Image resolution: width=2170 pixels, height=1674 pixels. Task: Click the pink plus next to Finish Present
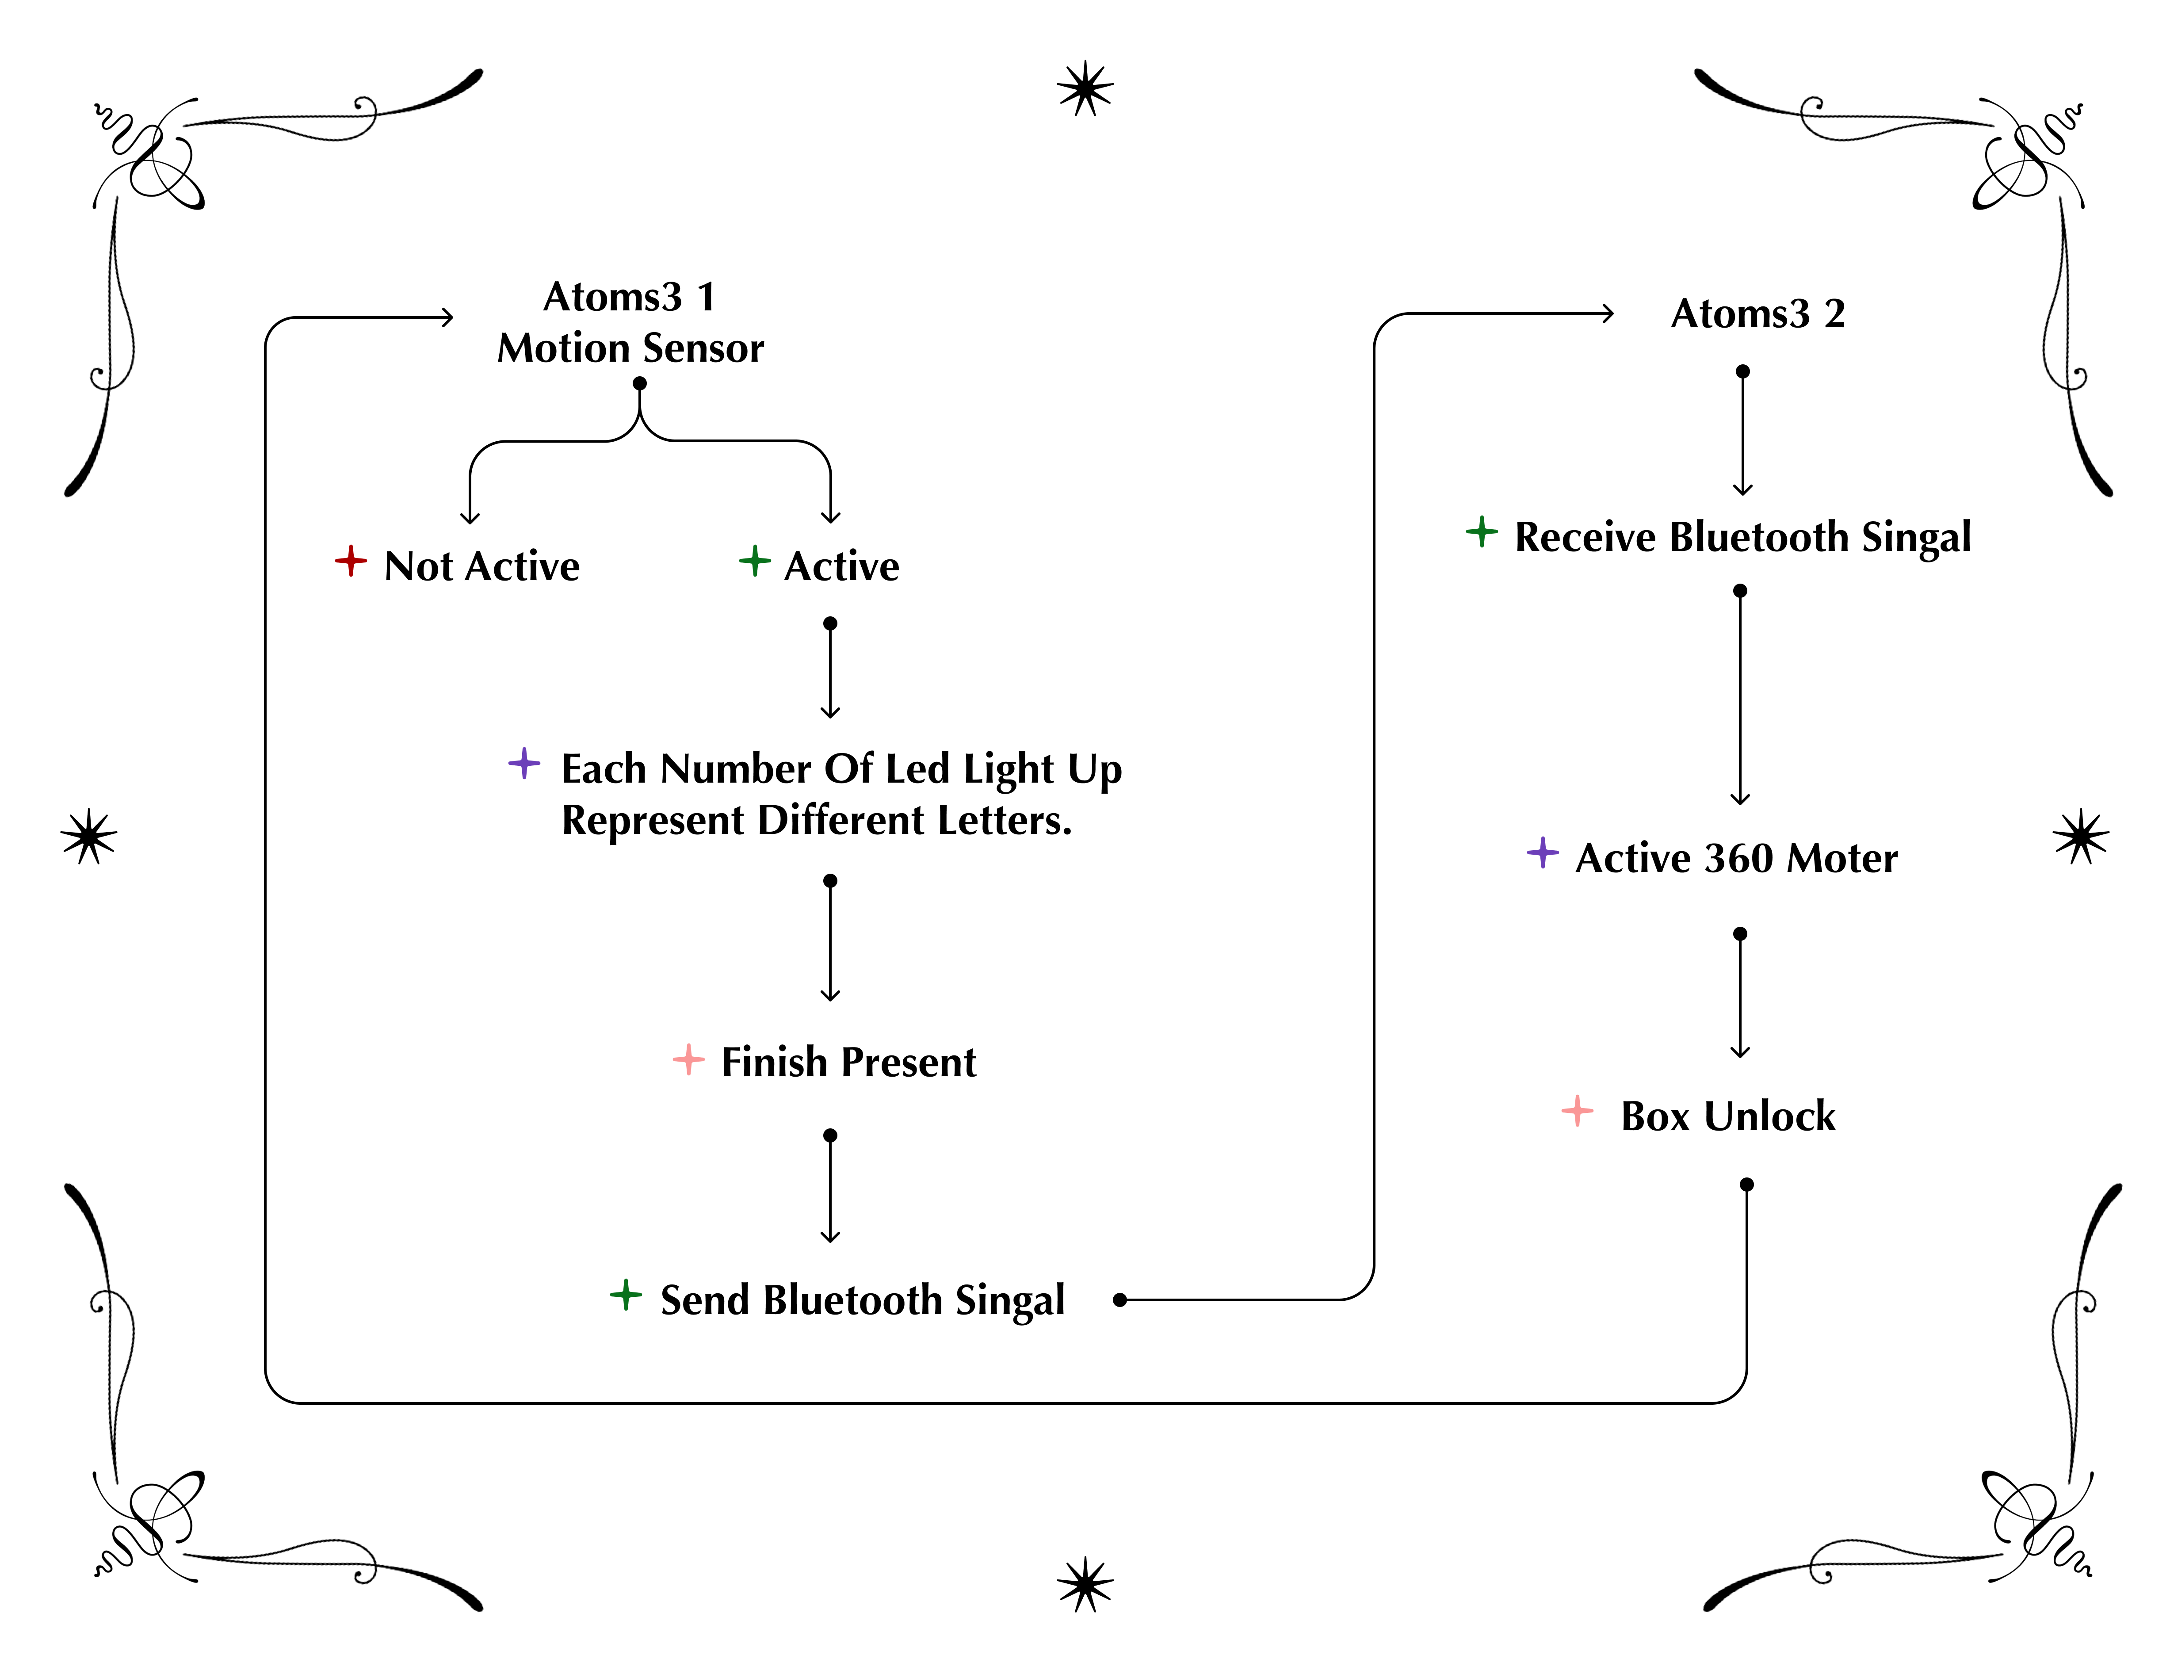688,1059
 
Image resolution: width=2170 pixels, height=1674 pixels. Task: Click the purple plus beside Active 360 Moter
1543,852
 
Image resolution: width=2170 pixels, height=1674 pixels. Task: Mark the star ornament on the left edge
88,837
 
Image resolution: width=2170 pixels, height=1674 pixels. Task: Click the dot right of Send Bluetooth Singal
1120,1299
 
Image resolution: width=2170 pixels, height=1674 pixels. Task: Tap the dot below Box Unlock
1747,1184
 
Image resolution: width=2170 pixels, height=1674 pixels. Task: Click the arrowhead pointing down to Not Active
470,516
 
